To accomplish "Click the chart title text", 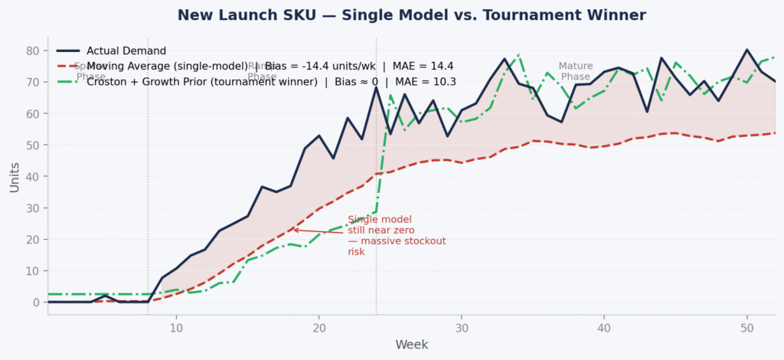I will [412, 15].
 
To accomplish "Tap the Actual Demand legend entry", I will [126, 51].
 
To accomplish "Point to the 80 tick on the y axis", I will [33, 51].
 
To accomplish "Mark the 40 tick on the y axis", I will [33, 177].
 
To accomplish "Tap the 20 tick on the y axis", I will [33, 240].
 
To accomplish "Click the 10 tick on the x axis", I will [176, 326].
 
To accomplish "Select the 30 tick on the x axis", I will [462, 326].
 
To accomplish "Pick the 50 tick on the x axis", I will [746, 326].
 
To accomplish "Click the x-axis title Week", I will [411, 345].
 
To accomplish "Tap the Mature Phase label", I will [576, 71].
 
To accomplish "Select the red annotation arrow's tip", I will [292, 230].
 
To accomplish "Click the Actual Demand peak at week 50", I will [746, 51].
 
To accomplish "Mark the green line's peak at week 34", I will [519, 55].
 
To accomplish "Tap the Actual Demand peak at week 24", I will [376, 87].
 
